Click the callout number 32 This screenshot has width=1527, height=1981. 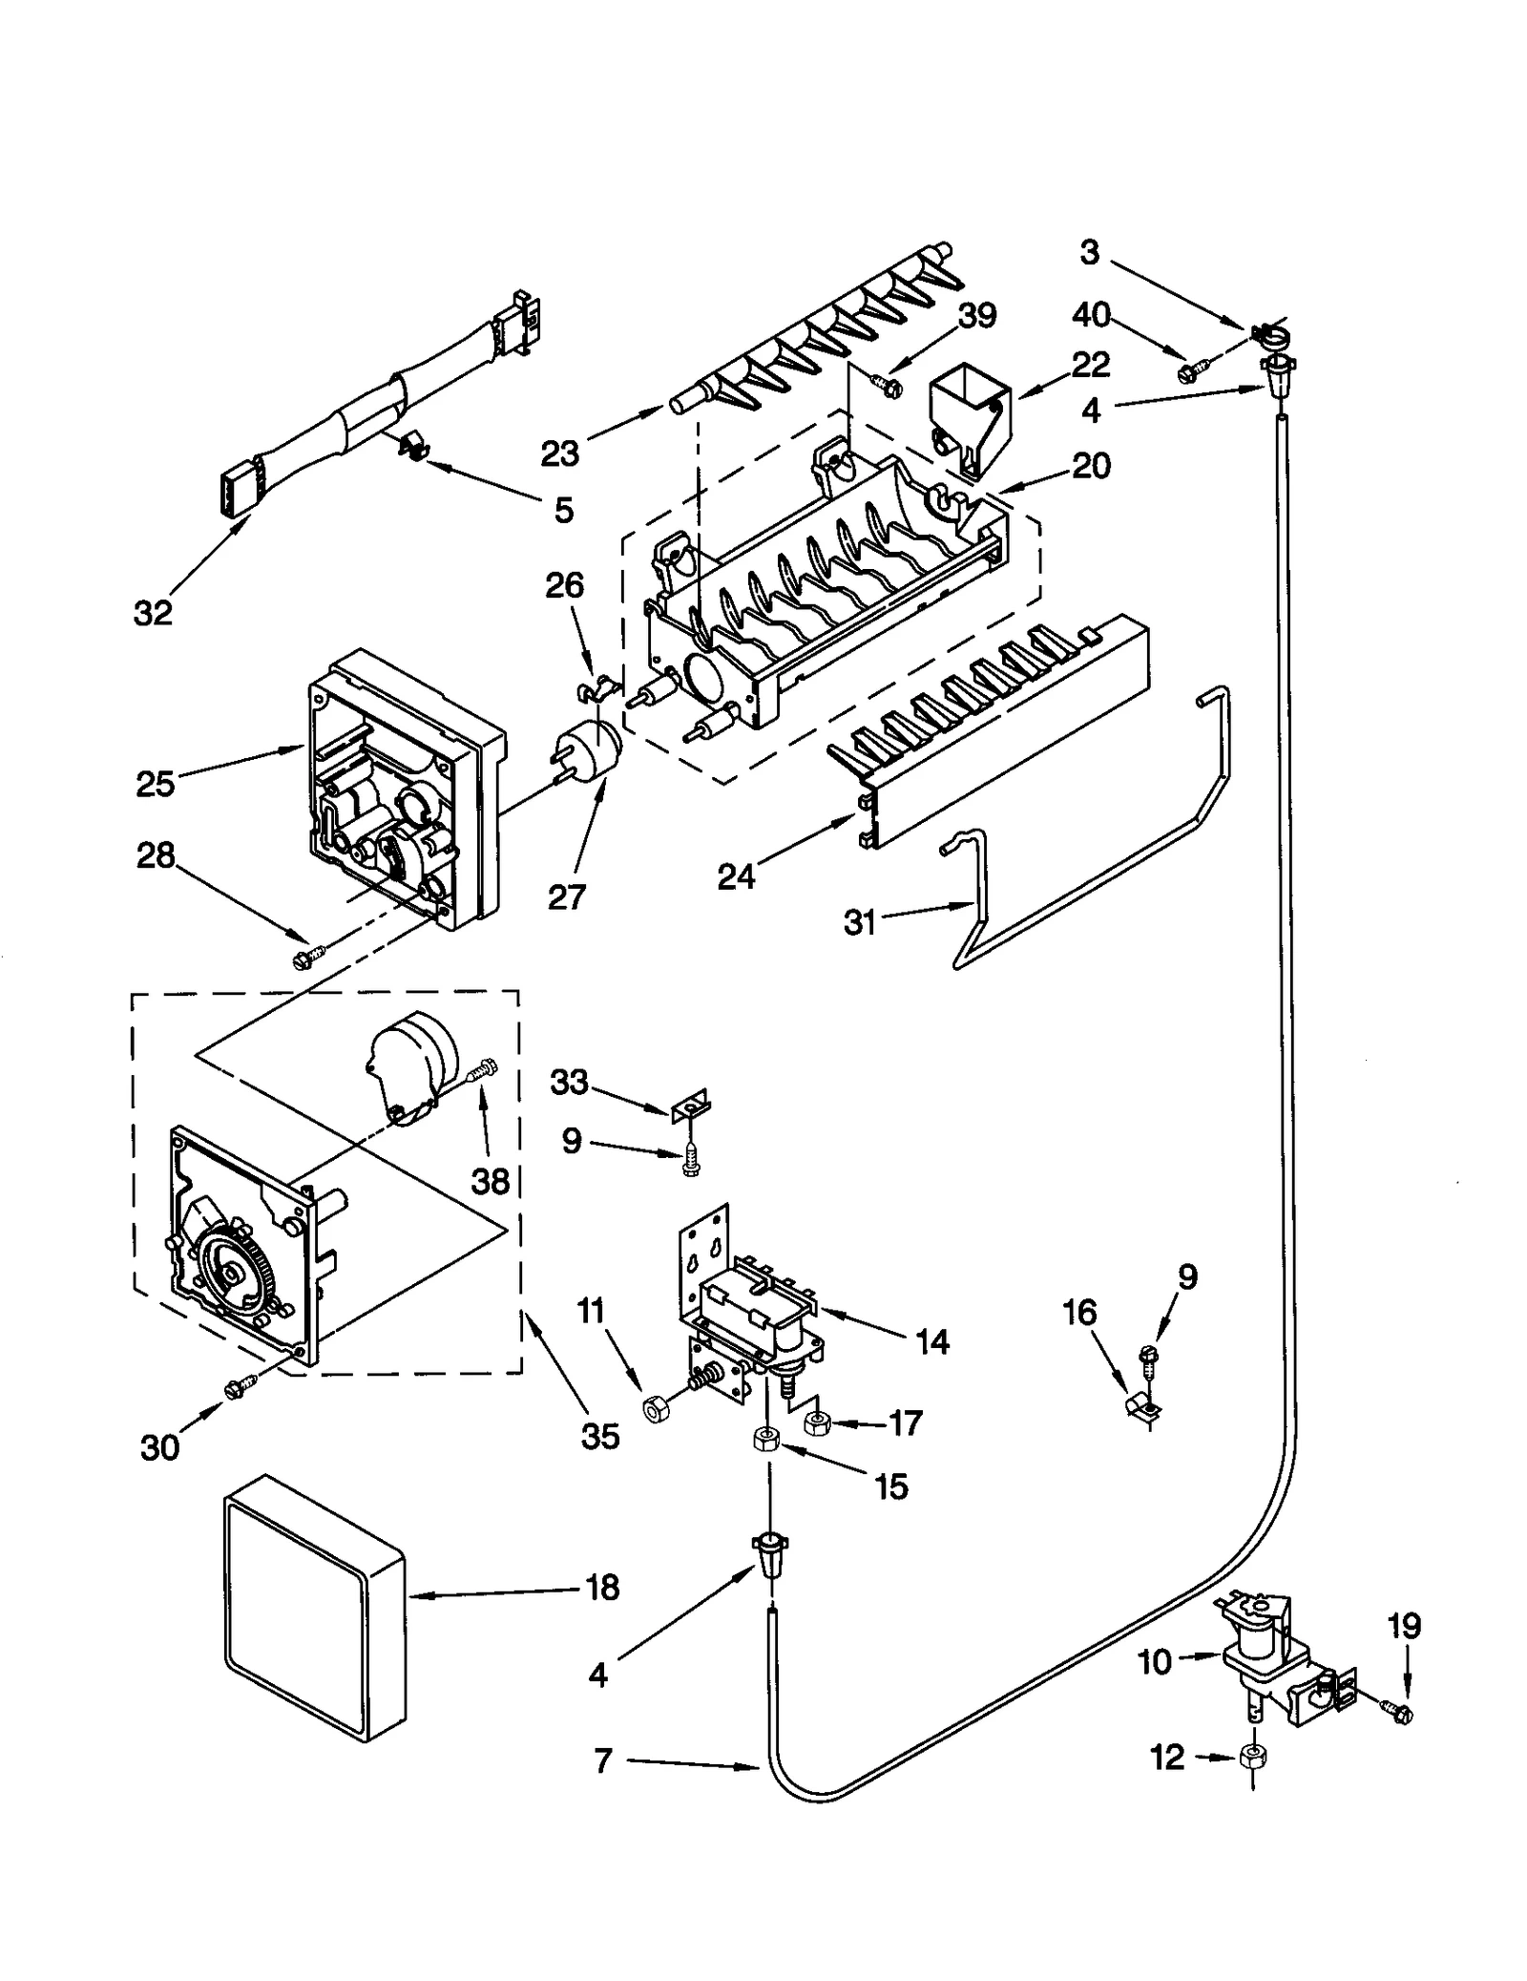point(153,614)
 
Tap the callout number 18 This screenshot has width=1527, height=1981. point(602,1589)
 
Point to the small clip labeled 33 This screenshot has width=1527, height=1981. point(692,1106)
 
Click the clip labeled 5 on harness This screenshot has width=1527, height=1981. point(411,444)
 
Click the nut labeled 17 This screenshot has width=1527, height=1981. point(818,1423)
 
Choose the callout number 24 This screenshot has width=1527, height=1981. point(736,876)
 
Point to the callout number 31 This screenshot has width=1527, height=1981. point(860,922)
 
